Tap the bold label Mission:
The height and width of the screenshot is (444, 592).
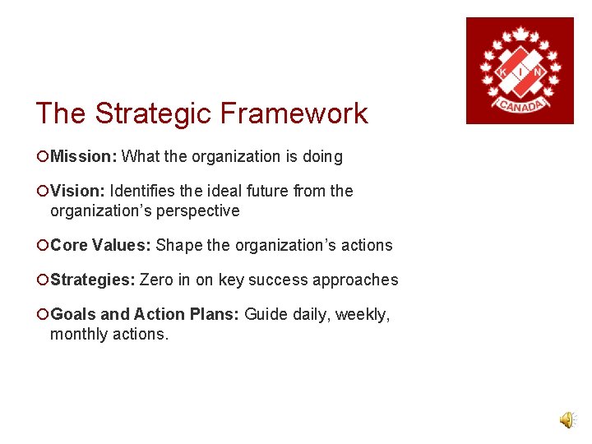pos(84,156)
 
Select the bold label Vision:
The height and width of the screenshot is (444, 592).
pos(77,191)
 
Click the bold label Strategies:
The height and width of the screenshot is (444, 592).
pos(93,280)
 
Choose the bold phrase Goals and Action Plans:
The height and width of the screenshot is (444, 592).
pos(145,314)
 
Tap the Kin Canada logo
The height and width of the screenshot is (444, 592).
pos(520,71)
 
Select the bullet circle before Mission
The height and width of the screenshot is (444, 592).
pos(41,156)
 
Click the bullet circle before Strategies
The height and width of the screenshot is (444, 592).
pos(41,280)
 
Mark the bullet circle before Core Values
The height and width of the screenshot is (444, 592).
pos(41,245)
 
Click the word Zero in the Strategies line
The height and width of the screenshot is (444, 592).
pos(156,280)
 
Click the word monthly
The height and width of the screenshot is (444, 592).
pos(78,334)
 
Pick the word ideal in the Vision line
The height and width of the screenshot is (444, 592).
pos(219,191)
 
